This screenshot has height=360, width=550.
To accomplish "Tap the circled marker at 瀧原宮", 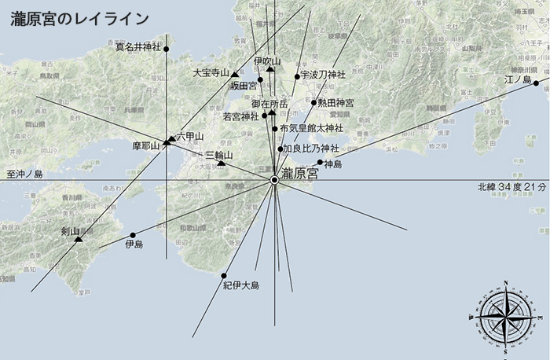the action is [274, 180].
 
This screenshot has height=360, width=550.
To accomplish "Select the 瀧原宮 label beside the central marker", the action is [300, 173].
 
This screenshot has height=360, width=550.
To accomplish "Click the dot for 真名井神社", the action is [167, 48].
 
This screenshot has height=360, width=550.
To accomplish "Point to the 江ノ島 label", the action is [518, 79].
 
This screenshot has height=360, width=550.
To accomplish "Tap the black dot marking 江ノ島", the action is [536, 83].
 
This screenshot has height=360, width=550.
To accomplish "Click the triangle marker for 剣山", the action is [79, 238].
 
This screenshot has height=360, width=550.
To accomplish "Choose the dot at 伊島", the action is [133, 235].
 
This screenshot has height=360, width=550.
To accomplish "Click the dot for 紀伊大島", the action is [224, 275].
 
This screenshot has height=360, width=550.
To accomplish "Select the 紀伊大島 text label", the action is [241, 285].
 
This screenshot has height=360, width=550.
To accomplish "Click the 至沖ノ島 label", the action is [24, 174].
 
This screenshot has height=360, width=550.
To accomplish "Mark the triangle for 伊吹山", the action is [269, 68].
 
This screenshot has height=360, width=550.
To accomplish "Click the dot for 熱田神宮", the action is [313, 102].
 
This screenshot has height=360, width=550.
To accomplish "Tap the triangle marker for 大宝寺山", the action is [234, 73].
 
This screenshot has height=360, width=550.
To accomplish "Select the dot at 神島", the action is [320, 163].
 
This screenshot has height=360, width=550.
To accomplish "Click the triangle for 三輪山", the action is [222, 163].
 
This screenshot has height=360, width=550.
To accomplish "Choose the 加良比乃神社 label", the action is [310, 148].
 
